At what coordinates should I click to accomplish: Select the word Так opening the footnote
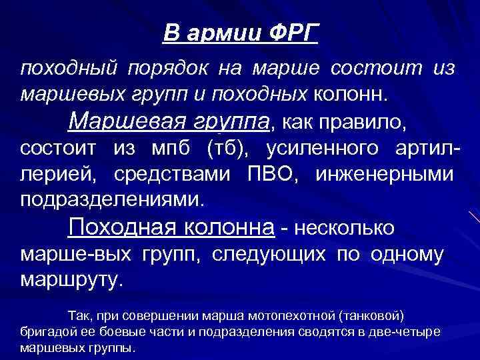click(79, 315)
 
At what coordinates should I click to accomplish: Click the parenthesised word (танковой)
click(372, 315)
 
